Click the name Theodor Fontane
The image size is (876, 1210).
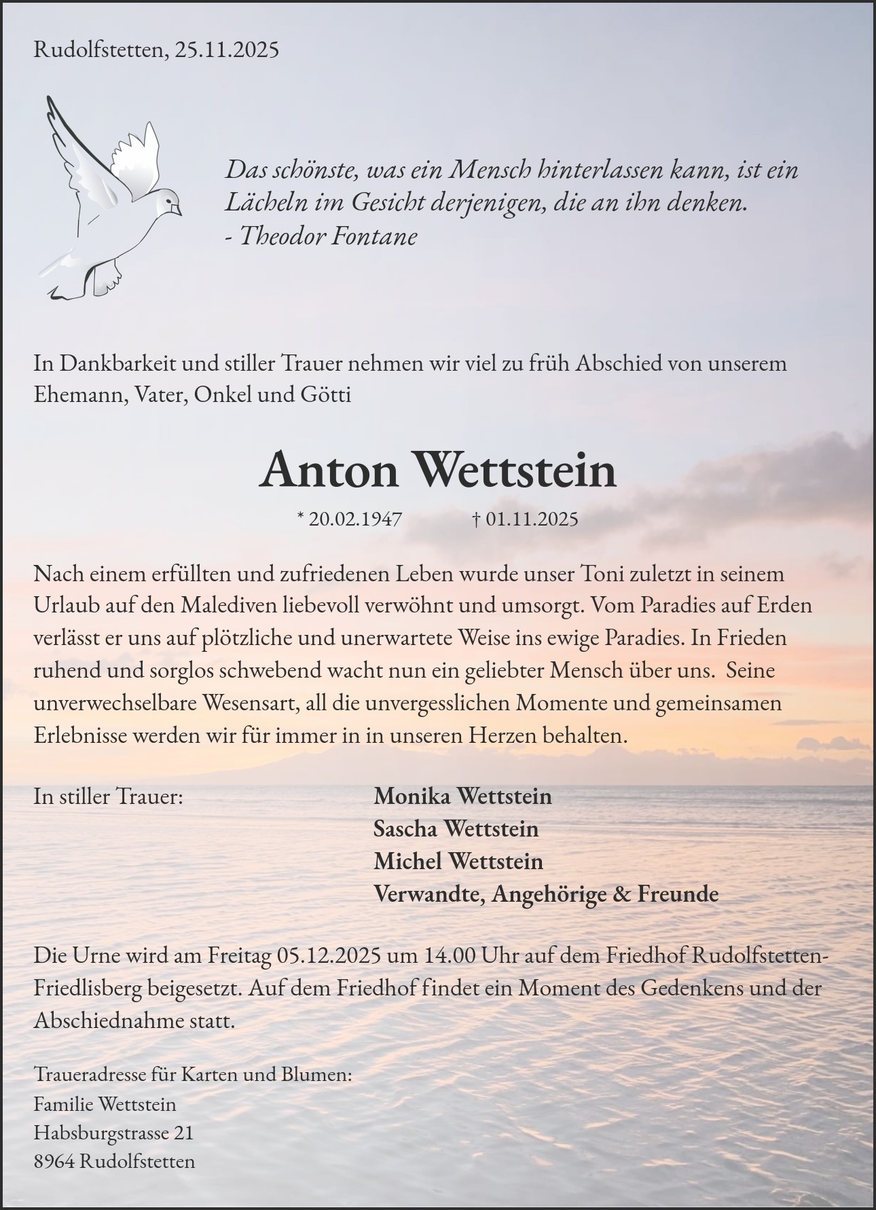(x=329, y=236)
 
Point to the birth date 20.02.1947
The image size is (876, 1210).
(x=355, y=519)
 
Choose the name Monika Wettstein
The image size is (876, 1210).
(x=462, y=796)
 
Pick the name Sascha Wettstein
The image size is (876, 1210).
(x=456, y=828)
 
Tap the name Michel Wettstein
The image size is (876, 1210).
(x=458, y=861)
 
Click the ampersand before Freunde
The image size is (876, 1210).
(x=621, y=894)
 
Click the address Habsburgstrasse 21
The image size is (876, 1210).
(x=113, y=1133)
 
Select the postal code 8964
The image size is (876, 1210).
(x=54, y=1162)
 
